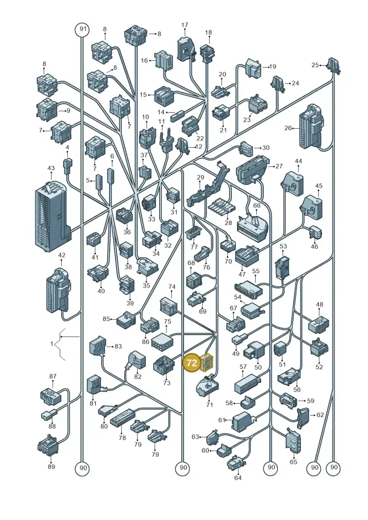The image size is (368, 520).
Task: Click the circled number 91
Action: click(82, 29)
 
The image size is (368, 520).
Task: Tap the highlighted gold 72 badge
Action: click(192, 363)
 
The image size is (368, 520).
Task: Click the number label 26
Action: click(288, 128)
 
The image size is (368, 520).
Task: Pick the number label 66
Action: click(257, 206)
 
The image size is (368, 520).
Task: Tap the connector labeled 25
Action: click(333, 66)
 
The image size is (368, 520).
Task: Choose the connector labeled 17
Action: click(185, 49)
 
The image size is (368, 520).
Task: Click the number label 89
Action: click(51, 467)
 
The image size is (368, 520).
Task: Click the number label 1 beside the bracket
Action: click(52, 344)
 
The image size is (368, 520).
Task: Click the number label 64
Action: click(238, 478)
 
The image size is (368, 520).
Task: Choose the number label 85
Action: click(106, 319)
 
